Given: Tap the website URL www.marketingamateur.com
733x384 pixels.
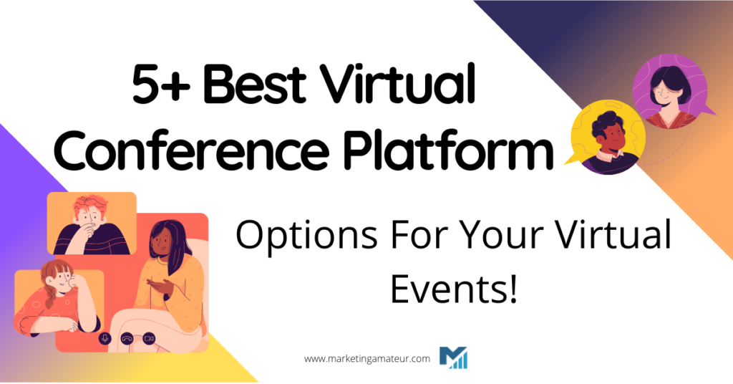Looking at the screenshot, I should tap(367, 358).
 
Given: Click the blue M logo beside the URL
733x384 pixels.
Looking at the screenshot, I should tap(453, 357).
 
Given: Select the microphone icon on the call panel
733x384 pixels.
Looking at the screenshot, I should tap(105, 338).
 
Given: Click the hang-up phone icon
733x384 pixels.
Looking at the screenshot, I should tap(127, 338).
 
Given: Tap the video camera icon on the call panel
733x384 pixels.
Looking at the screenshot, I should tap(149, 338).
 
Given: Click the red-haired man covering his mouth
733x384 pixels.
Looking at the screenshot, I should tap(89, 224).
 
